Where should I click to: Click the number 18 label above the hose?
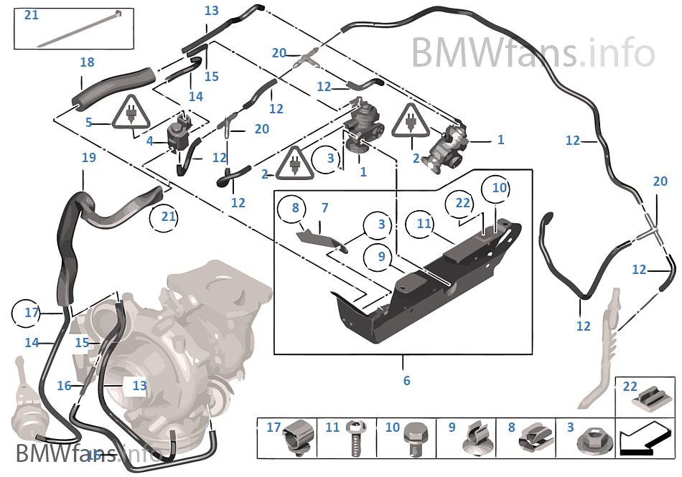pyautogui.click(x=87, y=63)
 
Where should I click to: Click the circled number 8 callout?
pyautogui.click(x=294, y=209)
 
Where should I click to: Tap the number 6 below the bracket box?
pyautogui.click(x=406, y=380)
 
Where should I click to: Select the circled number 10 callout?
pyautogui.click(x=499, y=188)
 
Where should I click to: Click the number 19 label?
pyautogui.click(x=89, y=158)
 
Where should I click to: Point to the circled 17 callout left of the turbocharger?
pyautogui.click(x=32, y=313)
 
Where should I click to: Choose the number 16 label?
pyautogui.click(x=64, y=386)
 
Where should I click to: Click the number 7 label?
pyautogui.click(x=324, y=208)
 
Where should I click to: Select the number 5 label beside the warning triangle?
pyautogui.click(x=89, y=123)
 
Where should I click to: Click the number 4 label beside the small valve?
pyautogui.click(x=149, y=141)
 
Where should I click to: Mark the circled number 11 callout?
pyautogui.click(x=424, y=224)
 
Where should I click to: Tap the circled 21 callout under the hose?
pyautogui.click(x=167, y=217)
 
